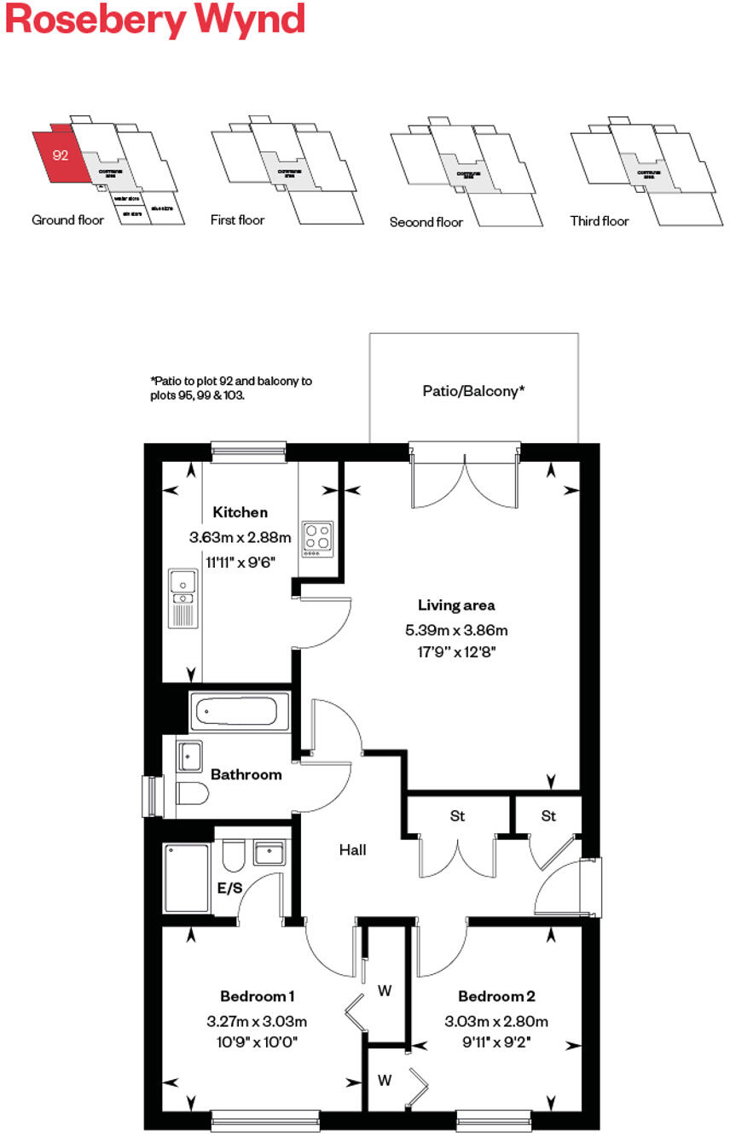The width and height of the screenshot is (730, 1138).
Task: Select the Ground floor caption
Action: [x=67, y=220]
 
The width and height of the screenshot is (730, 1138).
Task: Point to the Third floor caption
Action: [x=600, y=221]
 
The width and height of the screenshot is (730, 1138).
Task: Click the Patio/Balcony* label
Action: [x=473, y=391]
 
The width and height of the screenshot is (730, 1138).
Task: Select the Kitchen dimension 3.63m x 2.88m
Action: [x=240, y=538]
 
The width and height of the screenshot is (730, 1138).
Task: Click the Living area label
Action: [x=456, y=605]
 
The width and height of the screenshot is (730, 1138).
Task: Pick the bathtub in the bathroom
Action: [x=234, y=711]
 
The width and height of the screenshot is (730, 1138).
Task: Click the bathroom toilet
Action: [x=193, y=794]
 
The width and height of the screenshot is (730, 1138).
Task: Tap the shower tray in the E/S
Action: [x=187, y=878]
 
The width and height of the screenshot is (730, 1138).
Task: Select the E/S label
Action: [x=229, y=888]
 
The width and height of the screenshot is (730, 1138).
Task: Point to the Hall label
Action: [x=352, y=849]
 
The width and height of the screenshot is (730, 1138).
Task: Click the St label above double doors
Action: [x=457, y=816]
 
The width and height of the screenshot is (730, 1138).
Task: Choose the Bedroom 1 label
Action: [x=257, y=996]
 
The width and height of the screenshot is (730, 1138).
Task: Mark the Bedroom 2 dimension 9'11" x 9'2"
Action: [x=495, y=1041]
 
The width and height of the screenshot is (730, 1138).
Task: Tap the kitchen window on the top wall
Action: [x=248, y=452]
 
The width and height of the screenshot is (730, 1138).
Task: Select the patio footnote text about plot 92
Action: [x=230, y=388]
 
